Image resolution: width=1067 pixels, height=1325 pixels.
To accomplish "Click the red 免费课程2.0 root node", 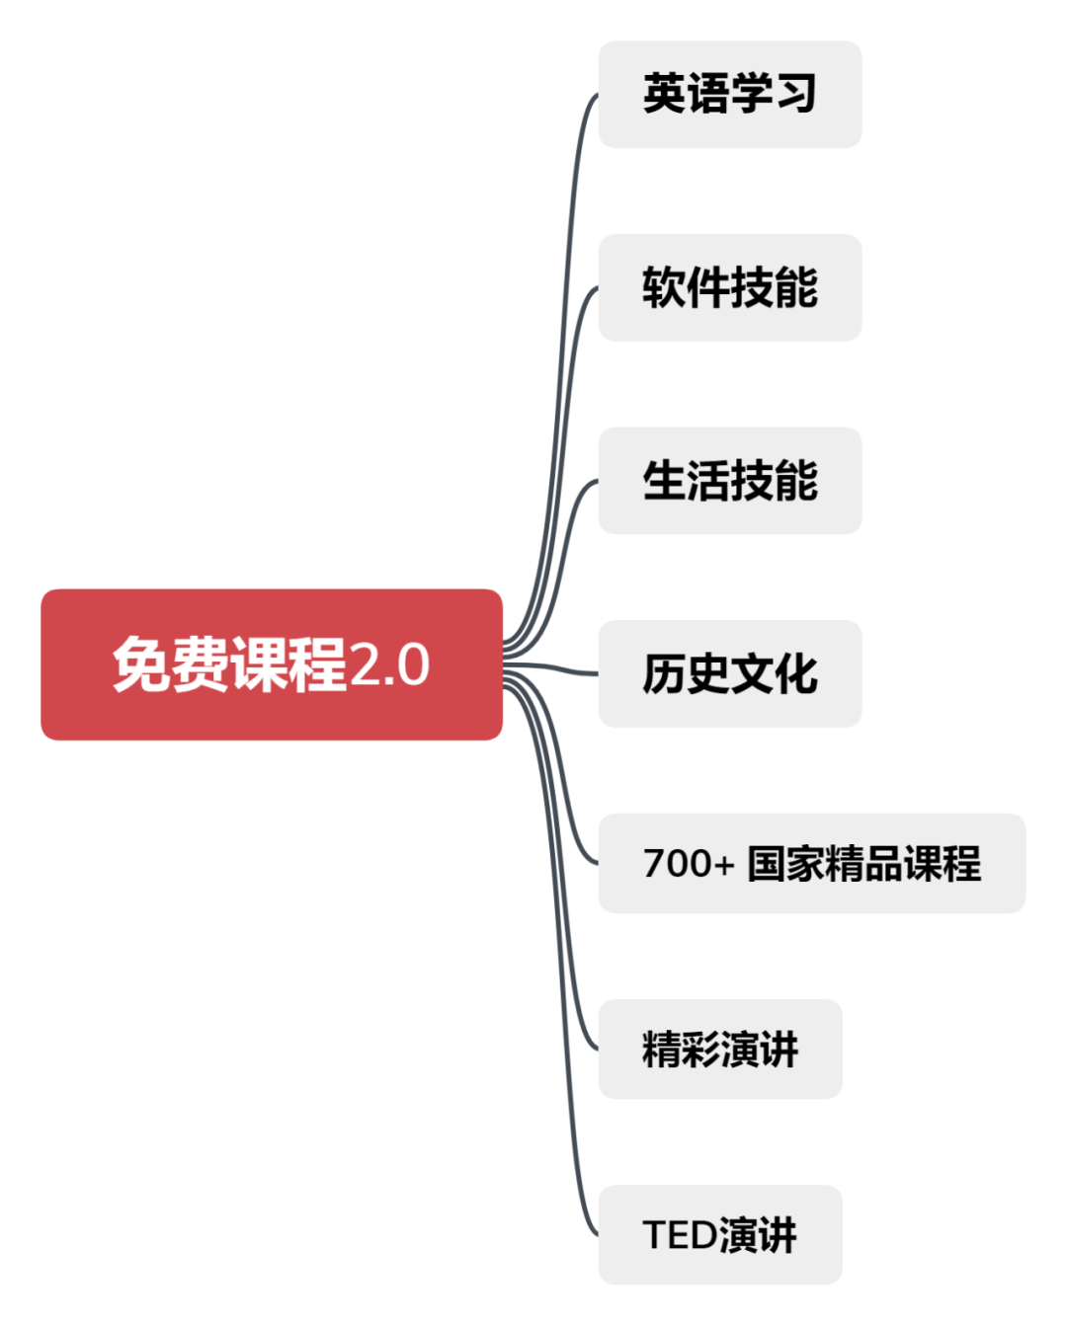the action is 271,664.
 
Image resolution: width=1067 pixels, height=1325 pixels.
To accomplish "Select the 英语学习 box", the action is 729,95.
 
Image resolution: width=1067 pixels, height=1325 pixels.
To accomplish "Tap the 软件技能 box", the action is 729,287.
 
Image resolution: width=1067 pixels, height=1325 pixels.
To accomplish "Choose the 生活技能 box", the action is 729,481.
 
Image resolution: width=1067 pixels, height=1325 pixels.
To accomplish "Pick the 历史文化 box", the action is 729,673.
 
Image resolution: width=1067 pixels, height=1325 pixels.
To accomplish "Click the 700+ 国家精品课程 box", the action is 811,863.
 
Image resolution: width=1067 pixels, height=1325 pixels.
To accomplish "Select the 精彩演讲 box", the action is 719,1049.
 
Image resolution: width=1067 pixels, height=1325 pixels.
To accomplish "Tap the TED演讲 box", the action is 719,1234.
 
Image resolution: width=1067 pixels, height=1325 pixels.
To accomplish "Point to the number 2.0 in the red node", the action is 389,664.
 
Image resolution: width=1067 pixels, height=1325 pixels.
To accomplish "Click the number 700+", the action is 689,863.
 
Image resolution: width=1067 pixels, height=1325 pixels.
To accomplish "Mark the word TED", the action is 680,1234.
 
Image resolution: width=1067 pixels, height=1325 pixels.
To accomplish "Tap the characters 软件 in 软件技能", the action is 686,287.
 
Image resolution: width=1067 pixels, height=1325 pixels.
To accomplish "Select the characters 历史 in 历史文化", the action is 686,673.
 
